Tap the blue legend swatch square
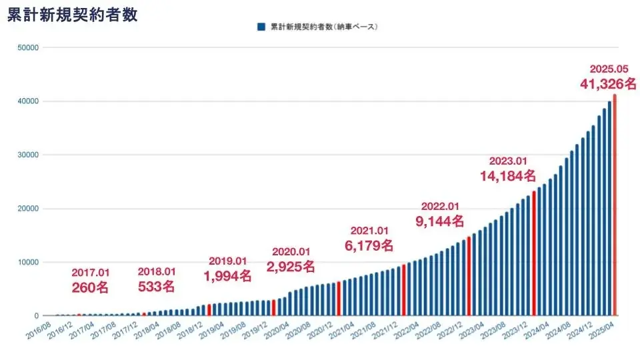[261, 27]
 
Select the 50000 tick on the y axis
[27, 48]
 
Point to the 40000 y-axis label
[27, 101]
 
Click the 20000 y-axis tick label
[27, 209]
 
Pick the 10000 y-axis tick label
[27, 262]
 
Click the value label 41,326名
[609, 84]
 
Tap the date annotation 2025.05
[609, 69]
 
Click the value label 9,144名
[439, 221]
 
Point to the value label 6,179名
[369, 246]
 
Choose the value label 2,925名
[291, 267]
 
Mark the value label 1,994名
[227, 275]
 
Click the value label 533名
[156, 287]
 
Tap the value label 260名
[89, 287]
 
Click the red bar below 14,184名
[534, 253]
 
